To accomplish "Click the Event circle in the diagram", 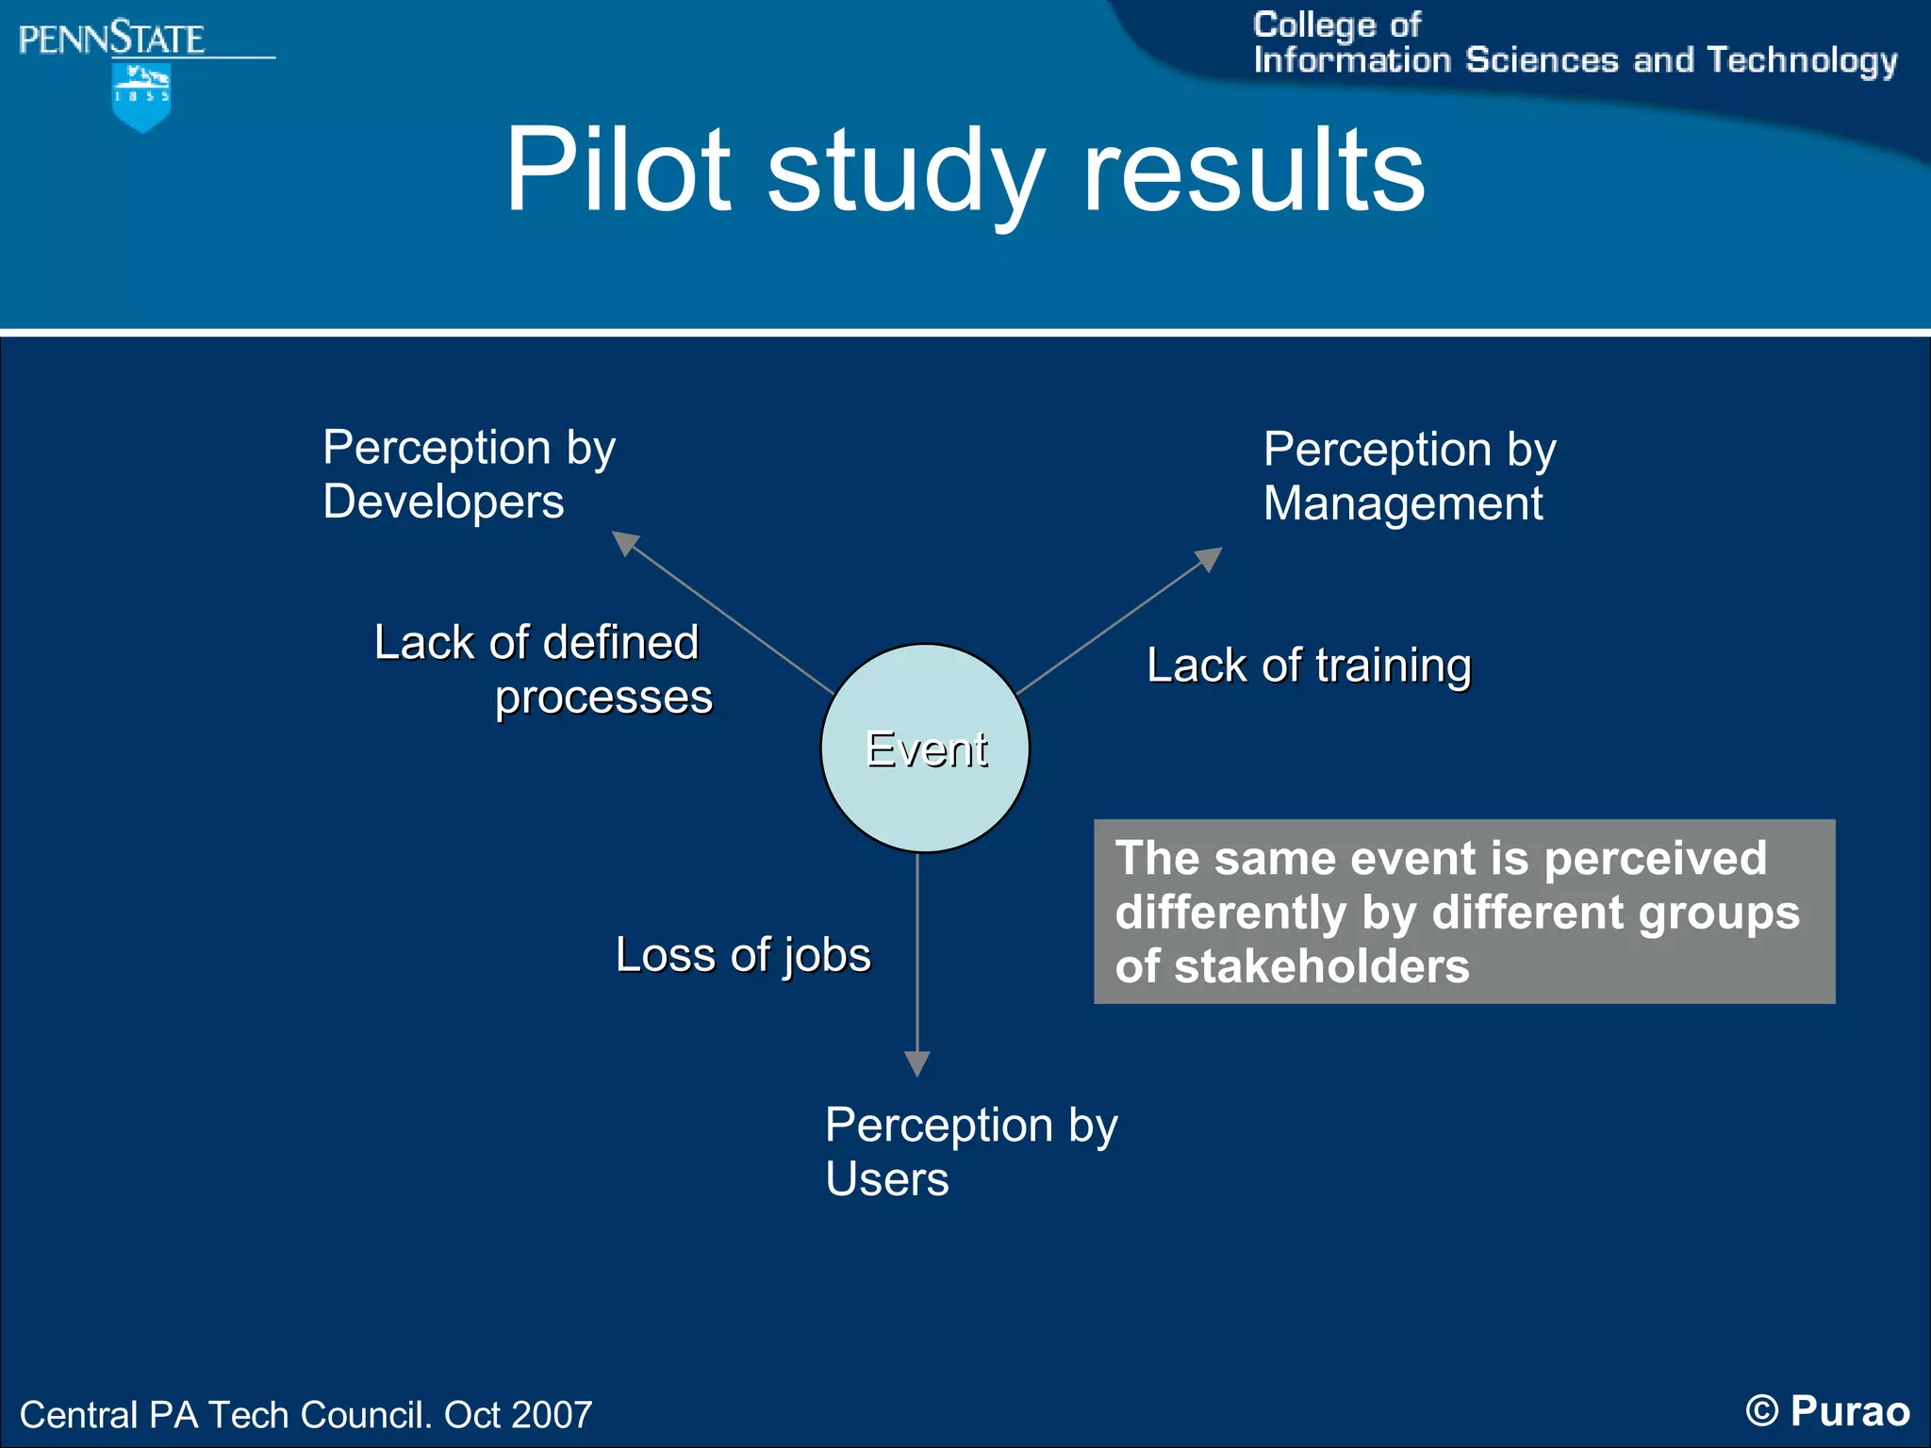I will click(925, 749).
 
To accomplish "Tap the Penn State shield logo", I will click(141, 97).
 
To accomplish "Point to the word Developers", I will click(443, 502).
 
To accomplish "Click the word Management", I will click(1403, 503).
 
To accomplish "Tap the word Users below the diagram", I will click(887, 1179).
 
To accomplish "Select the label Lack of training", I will click(1309, 666).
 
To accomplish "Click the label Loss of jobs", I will click(743, 955).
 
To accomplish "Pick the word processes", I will click(603, 698).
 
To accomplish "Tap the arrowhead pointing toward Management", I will click(1209, 558).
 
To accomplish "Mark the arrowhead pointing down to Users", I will click(917, 1063).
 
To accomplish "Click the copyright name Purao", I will click(1850, 1411).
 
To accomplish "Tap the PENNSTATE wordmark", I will click(111, 40).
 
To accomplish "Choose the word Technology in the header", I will click(1802, 60).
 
